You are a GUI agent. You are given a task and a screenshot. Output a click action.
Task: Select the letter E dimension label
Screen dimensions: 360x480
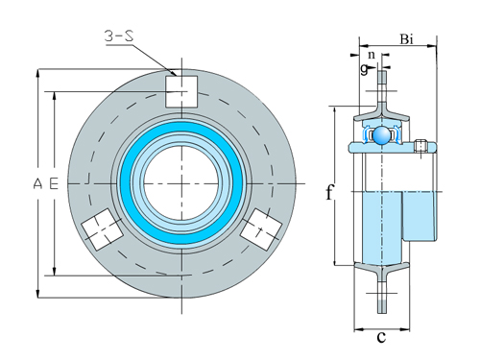pyautogui.click(x=54, y=182)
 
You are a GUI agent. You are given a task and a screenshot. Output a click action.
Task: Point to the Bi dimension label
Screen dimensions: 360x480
pyautogui.click(x=406, y=39)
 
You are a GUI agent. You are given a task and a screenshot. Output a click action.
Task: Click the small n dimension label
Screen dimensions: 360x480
pyautogui.click(x=372, y=56)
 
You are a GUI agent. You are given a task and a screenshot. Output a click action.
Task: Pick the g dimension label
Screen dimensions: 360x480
pyautogui.click(x=365, y=69)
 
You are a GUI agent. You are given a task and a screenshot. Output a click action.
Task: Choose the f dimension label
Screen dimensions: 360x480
pyautogui.click(x=329, y=192)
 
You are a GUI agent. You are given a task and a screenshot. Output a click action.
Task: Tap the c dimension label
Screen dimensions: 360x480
pyautogui.click(x=381, y=337)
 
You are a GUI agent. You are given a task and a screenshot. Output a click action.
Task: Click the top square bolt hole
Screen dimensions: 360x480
pyautogui.click(x=180, y=91)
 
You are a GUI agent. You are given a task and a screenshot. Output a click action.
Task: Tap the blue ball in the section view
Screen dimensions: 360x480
pyautogui.click(x=384, y=135)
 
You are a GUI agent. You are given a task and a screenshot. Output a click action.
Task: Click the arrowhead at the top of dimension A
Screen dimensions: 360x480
pyautogui.click(x=38, y=72)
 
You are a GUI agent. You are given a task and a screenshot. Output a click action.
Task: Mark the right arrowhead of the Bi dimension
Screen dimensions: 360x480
pyautogui.click(x=437, y=45)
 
